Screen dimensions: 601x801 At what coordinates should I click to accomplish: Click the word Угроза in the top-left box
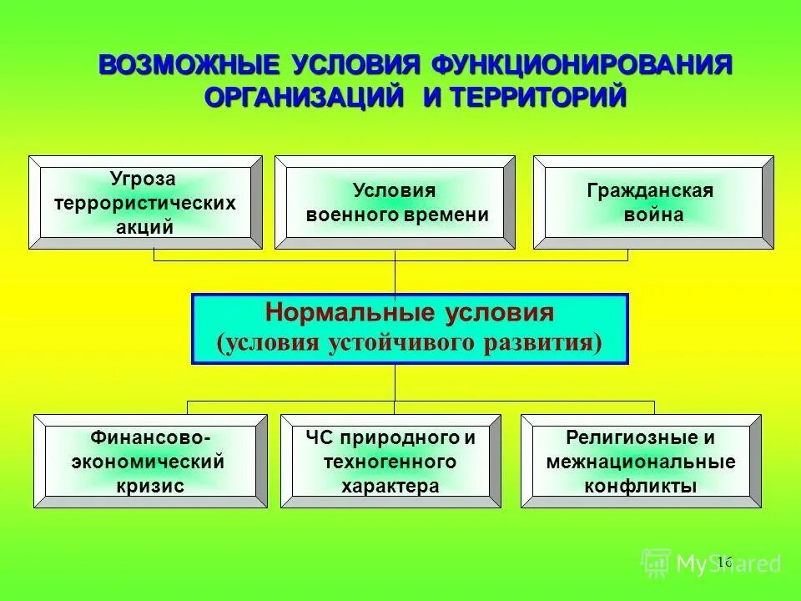pyautogui.click(x=144, y=179)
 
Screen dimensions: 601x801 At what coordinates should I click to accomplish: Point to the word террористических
pyautogui.click(x=144, y=203)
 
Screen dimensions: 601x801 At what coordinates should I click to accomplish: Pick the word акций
pyautogui.click(x=144, y=226)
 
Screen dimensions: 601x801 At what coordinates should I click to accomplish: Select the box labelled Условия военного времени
pyautogui.click(x=395, y=202)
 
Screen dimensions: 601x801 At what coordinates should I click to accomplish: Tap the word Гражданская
pyautogui.click(x=651, y=190)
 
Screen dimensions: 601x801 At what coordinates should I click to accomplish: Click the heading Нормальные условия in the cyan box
pyautogui.click(x=409, y=314)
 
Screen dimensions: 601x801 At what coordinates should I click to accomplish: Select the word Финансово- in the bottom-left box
pyautogui.click(x=150, y=437)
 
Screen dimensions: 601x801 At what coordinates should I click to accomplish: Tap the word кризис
pyautogui.click(x=150, y=485)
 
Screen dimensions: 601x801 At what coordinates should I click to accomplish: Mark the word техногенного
pyautogui.click(x=390, y=461)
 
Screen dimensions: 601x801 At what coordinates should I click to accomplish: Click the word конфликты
pyautogui.click(x=641, y=485)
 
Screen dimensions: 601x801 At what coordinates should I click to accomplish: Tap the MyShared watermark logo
pyautogui.click(x=711, y=563)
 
